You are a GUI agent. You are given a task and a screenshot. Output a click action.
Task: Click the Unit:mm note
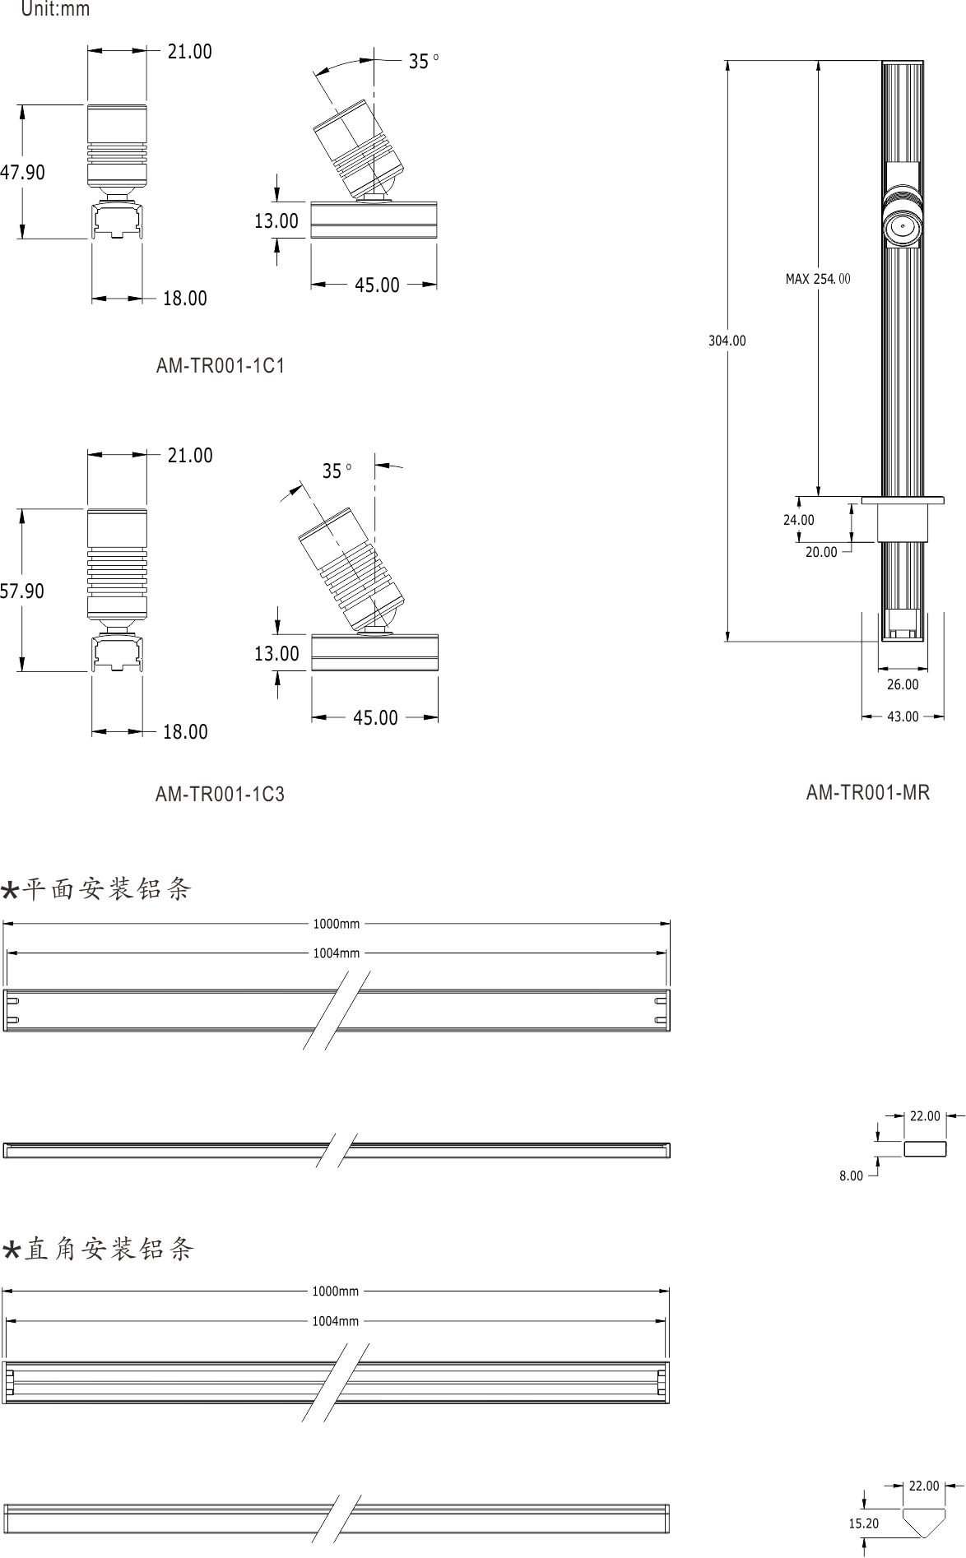click(x=55, y=9)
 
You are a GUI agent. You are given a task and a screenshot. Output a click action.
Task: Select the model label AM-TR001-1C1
click(x=221, y=365)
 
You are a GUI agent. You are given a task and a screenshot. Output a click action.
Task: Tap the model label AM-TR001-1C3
click(x=220, y=794)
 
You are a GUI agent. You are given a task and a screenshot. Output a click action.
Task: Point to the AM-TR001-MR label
click(x=868, y=792)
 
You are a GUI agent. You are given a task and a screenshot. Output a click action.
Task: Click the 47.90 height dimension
click(x=22, y=172)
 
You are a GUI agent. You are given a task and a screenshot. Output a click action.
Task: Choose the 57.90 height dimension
click(x=22, y=591)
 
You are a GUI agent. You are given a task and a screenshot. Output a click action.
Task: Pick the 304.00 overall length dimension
click(x=727, y=341)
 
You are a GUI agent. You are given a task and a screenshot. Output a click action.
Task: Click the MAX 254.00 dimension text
click(x=818, y=279)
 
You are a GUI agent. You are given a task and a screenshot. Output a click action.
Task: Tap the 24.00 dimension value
click(x=798, y=520)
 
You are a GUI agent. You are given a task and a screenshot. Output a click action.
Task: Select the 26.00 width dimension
click(x=903, y=684)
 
